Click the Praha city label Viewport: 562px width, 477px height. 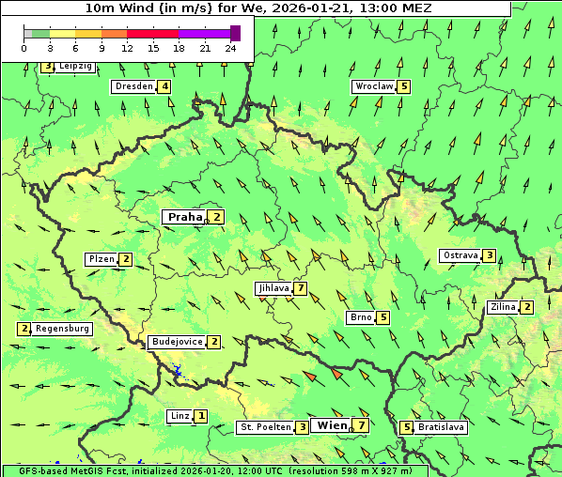[185, 217]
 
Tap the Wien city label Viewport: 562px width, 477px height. [332, 425]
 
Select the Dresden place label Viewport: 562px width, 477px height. [133, 86]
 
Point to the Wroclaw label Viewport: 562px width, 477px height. [373, 86]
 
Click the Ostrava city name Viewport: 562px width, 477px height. [460, 255]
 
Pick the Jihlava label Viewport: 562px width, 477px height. [273, 288]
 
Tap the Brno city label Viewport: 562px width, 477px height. [361, 317]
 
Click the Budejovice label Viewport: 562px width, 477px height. [177, 342]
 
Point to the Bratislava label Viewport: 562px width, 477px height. [441, 427]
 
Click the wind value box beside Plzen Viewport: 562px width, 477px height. [126, 259]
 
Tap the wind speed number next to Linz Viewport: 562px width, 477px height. [201, 415]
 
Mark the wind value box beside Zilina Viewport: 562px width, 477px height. [527, 307]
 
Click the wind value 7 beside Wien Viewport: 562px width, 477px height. [361, 425]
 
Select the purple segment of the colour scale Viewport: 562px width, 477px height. [204, 34]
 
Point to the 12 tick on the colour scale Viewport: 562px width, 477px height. [127, 48]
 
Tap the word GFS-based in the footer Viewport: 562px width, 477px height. [29, 470]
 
